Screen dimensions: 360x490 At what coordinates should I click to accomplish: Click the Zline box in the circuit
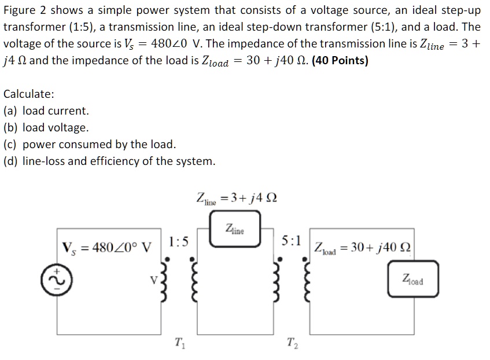pyautogui.click(x=235, y=230)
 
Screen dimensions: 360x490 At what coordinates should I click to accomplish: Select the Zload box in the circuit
pyautogui.click(x=413, y=280)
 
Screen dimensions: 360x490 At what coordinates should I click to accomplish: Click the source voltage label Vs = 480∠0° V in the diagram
pyautogui.click(x=107, y=247)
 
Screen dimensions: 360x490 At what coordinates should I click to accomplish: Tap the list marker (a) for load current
pyautogui.click(x=10, y=111)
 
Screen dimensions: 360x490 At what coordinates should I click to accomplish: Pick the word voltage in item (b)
pyautogui.click(x=69, y=127)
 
